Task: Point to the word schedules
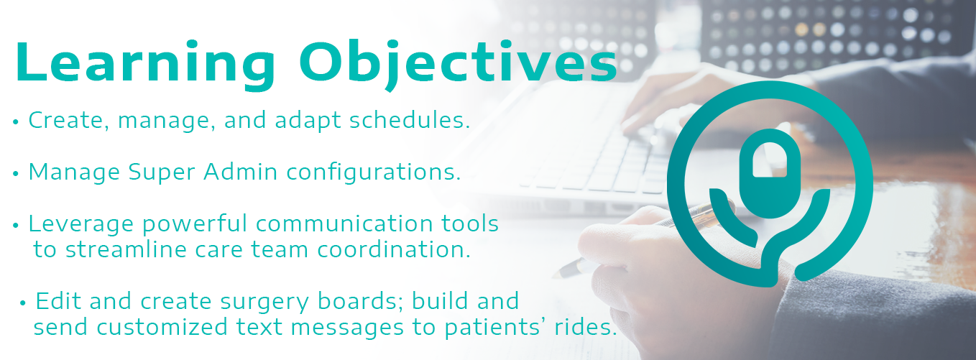pos(410,120)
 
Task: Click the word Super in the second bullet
pos(162,173)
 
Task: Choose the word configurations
pos(374,172)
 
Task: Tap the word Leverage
pos(81,225)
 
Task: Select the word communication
pos(344,223)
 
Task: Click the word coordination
pos(394,250)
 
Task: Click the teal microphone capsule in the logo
pos(770,173)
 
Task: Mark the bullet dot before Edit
pos(23,303)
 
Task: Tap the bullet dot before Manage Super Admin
pos(16,173)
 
